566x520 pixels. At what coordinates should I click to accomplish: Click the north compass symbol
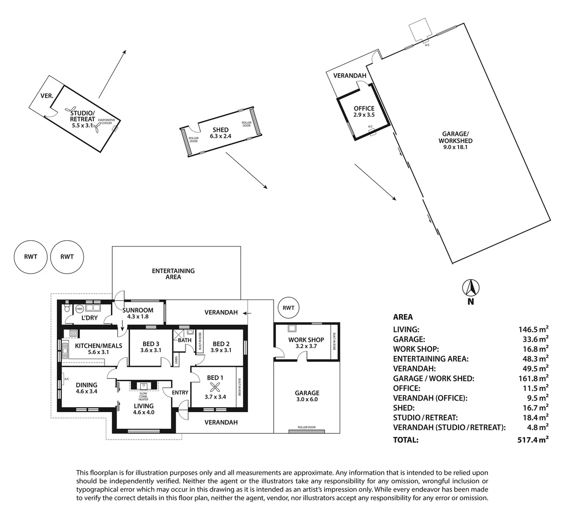point(471,288)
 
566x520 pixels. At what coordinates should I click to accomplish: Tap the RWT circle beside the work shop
point(289,308)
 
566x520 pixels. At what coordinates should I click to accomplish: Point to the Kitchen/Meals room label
point(98,349)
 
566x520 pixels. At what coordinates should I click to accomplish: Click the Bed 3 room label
point(151,347)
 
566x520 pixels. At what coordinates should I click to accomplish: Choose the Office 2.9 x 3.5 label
point(364,112)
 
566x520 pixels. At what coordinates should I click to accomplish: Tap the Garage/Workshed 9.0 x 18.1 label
point(455,141)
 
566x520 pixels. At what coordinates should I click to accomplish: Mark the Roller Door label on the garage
point(306,427)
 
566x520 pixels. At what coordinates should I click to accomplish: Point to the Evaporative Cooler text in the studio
point(106,121)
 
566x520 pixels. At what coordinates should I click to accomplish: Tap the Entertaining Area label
point(173,274)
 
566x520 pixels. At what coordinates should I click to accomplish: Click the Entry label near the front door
point(180,393)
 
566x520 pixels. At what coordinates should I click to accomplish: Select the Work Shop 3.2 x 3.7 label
point(306,343)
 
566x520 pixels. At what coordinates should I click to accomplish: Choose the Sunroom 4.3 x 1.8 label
point(138,313)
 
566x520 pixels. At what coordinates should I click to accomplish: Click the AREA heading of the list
point(403,317)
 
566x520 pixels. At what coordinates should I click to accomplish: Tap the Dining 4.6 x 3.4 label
point(87,388)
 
